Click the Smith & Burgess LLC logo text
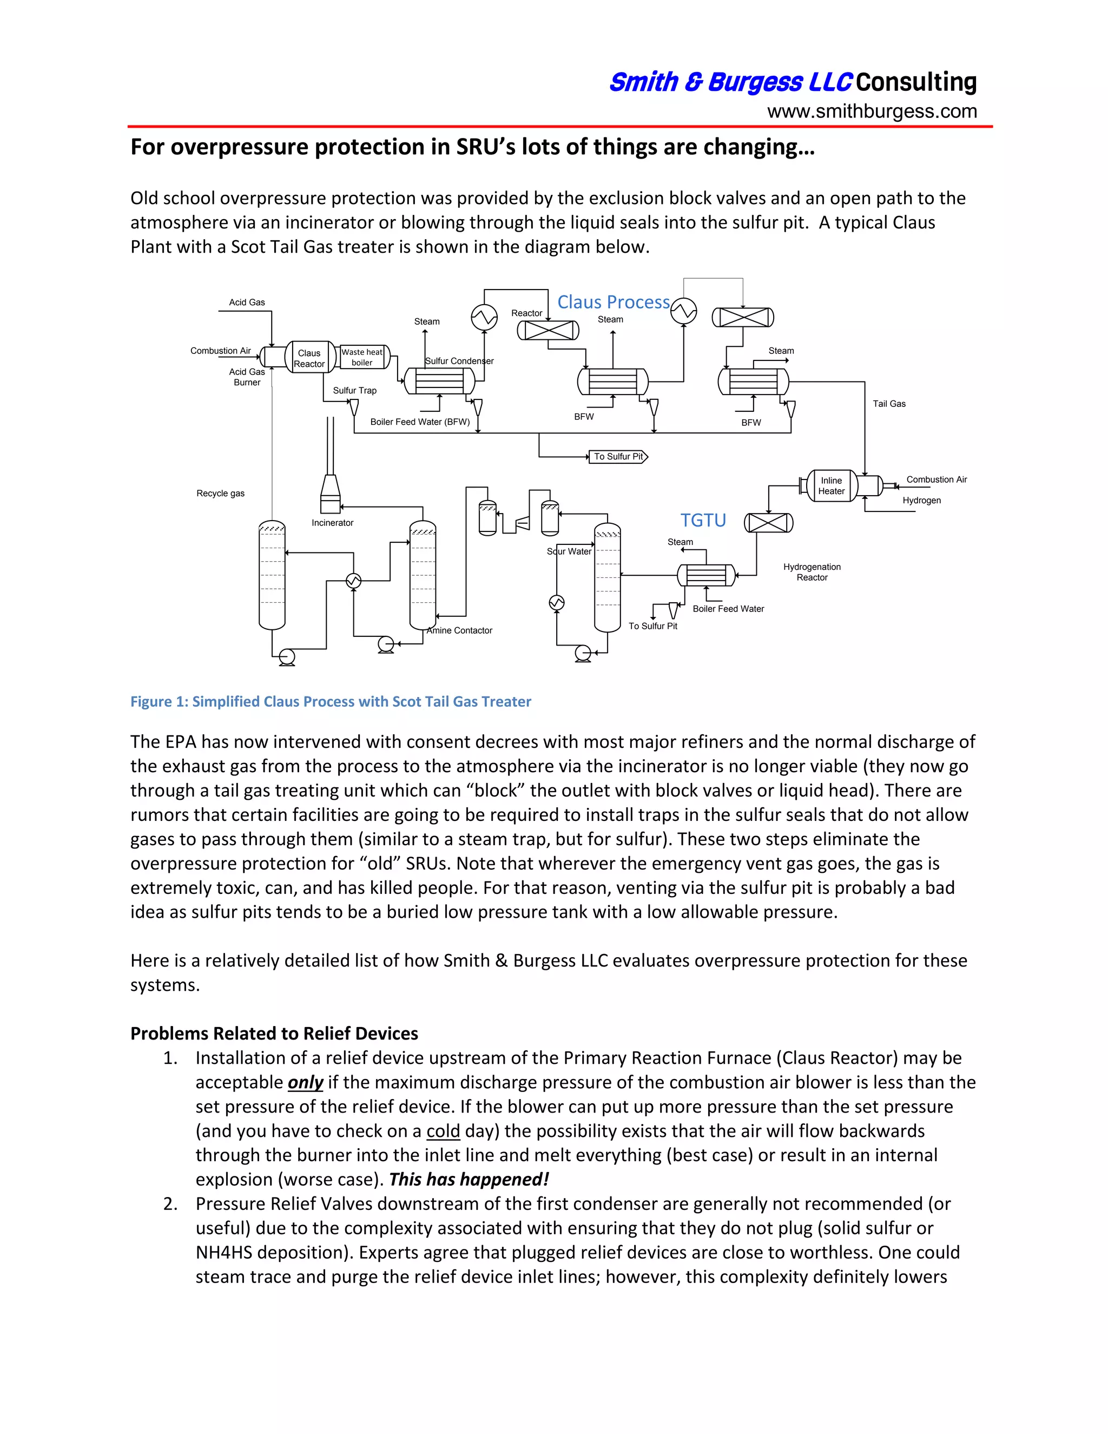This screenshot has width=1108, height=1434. [730, 83]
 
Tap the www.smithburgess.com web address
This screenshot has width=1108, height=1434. [872, 111]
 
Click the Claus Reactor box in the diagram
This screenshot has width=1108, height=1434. [309, 358]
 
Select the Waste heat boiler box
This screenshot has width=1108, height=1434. [362, 357]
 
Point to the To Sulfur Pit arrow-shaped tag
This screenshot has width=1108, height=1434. [618, 456]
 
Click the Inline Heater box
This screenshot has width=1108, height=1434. [831, 486]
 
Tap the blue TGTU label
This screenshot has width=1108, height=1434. [703, 520]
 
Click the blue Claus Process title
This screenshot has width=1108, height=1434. [613, 302]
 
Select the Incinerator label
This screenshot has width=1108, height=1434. [332, 523]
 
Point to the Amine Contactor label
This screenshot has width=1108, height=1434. [459, 630]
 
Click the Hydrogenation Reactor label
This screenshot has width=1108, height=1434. [812, 572]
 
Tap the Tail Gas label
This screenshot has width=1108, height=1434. [889, 404]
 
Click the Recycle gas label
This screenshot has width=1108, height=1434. [221, 493]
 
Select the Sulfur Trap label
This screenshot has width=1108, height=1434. [354, 390]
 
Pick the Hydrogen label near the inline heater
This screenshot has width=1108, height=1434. [921, 501]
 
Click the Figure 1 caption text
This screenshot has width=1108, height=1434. [331, 701]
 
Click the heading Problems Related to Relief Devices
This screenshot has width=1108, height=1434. [274, 1034]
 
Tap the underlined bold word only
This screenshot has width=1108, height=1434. [305, 1082]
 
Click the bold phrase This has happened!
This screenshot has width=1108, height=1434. [469, 1179]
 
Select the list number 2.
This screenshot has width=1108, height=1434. [170, 1203]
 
